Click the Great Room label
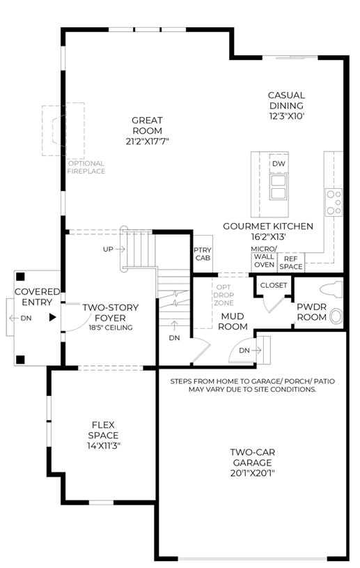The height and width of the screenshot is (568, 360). point(147,125)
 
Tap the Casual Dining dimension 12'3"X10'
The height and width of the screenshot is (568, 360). point(287,116)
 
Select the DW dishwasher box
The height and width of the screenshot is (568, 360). point(279,164)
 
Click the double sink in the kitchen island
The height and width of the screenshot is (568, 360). point(279,187)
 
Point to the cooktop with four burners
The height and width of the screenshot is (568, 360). point(334,202)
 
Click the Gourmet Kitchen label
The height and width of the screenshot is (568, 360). point(268,227)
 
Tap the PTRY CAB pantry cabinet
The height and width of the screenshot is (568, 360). point(203,254)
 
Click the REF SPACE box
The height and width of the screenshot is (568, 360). point(291,263)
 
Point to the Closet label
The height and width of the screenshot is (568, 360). point(274,286)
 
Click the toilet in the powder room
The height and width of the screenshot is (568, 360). point(331,290)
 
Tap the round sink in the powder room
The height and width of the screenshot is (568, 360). point(337,316)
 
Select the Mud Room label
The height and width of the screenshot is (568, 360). point(233,321)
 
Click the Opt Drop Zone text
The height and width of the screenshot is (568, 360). point(224,295)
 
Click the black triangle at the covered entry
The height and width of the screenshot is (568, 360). point(53,317)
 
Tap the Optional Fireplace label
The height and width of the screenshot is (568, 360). point(86,167)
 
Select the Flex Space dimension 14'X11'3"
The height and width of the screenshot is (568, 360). point(104,446)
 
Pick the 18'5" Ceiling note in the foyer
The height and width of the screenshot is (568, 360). point(111,328)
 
